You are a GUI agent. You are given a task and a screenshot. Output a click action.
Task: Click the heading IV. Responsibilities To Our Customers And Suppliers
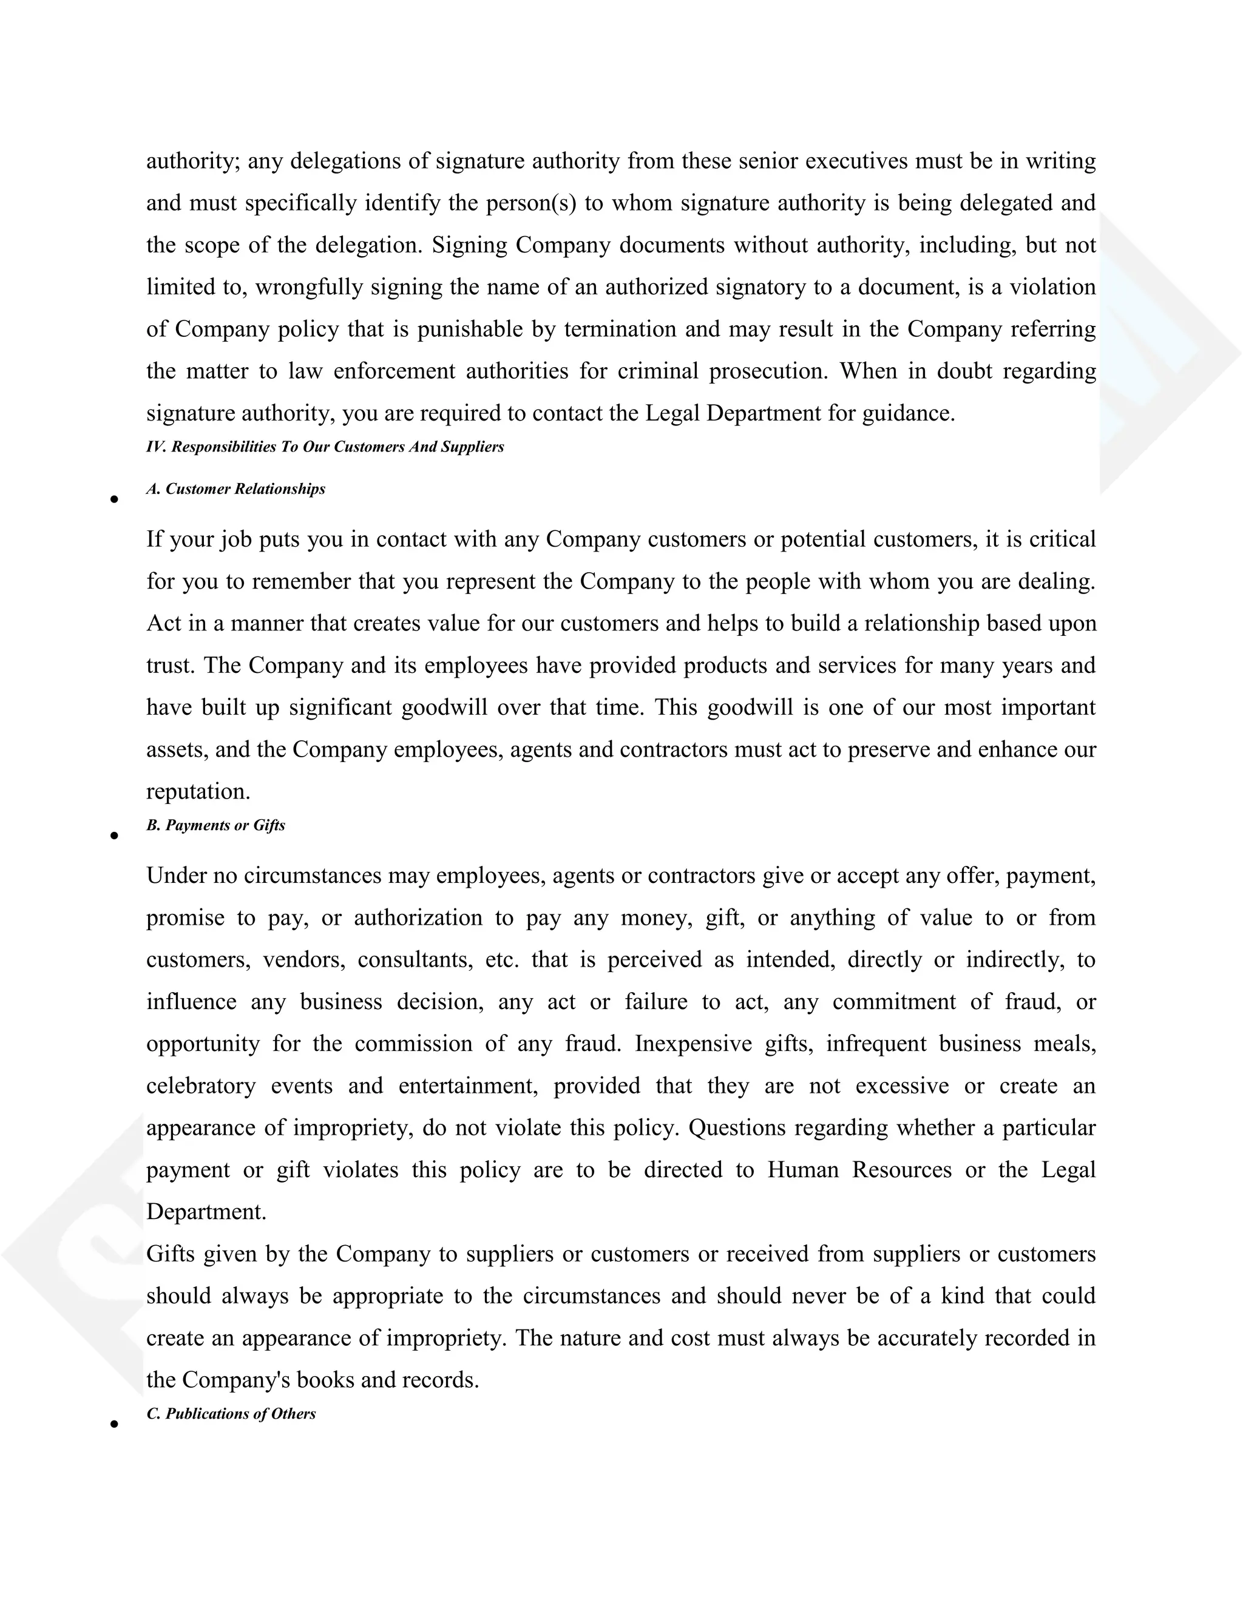coord(325,447)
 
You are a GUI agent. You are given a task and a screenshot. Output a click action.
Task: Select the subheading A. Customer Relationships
coord(235,489)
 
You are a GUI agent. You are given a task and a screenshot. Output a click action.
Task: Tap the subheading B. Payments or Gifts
coord(215,825)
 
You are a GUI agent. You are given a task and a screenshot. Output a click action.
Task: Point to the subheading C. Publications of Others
coord(231,1414)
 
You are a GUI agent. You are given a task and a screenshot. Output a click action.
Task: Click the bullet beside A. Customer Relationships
coord(114,500)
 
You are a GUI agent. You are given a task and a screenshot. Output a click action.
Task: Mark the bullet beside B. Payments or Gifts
coord(114,836)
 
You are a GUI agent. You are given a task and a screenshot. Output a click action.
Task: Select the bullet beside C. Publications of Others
coord(114,1424)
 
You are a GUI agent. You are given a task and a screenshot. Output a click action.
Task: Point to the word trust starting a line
coord(170,666)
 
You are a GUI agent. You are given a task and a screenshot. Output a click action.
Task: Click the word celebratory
coord(200,1086)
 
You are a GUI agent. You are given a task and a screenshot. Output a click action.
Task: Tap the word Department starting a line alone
coord(206,1212)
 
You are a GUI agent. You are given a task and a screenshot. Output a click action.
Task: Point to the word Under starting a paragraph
coord(175,876)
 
